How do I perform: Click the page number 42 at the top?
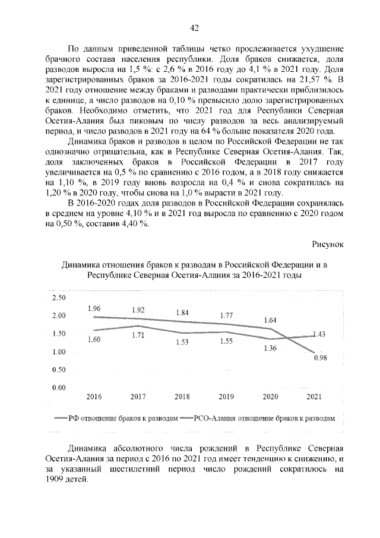coord(194,27)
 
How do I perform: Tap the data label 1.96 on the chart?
coord(95,308)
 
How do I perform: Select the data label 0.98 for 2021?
coord(321,357)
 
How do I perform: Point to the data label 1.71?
coord(138,336)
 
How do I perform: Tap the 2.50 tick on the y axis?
coord(59,297)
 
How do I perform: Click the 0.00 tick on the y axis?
coord(59,388)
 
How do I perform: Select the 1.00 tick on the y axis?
coord(59,352)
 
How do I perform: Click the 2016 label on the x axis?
coord(94,396)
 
